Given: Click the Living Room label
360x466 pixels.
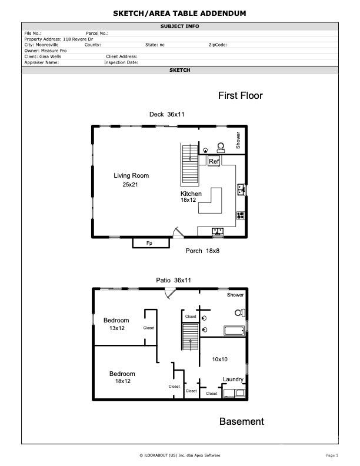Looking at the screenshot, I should [x=131, y=175].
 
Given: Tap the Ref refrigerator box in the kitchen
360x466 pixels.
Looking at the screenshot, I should [x=214, y=161].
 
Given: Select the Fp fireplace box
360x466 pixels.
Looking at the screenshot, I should [x=149, y=243].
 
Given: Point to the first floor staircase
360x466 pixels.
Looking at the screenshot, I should [x=190, y=164].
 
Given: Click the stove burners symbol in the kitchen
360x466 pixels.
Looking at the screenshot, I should [x=241, y=215].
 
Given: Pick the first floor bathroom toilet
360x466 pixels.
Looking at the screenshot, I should [x=221, y=147].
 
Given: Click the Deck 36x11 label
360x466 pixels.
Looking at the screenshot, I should [x=166, y=114].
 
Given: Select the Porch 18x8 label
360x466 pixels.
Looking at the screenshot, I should [x=202, y=251].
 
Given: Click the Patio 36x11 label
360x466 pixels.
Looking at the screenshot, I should [x=174, y=281].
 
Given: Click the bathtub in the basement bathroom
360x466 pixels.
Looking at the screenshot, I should [x=235, y=331].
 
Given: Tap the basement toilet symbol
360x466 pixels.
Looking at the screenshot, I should [x=240, y=313].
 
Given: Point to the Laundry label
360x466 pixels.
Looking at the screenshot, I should [x=234, y=380].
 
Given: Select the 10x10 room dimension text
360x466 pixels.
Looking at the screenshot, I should [x=221, y=359].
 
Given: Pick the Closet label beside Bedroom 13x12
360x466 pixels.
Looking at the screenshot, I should [x=149, y=328].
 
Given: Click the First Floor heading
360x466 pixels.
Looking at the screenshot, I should [x=240, y=95].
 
